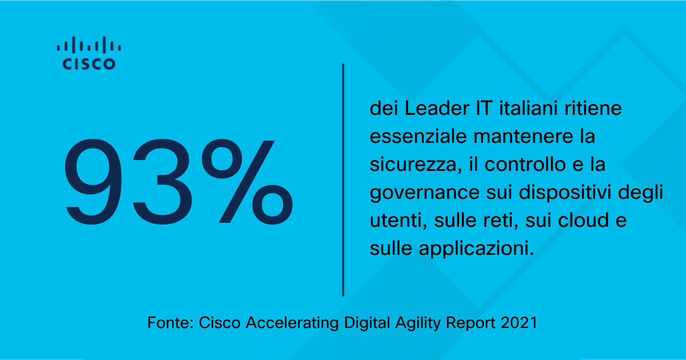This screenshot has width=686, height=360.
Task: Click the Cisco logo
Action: [x=89, y=53]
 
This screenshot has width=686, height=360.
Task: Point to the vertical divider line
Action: [x=343, y=180]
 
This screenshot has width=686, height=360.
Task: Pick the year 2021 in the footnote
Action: [x=519, y=322]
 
